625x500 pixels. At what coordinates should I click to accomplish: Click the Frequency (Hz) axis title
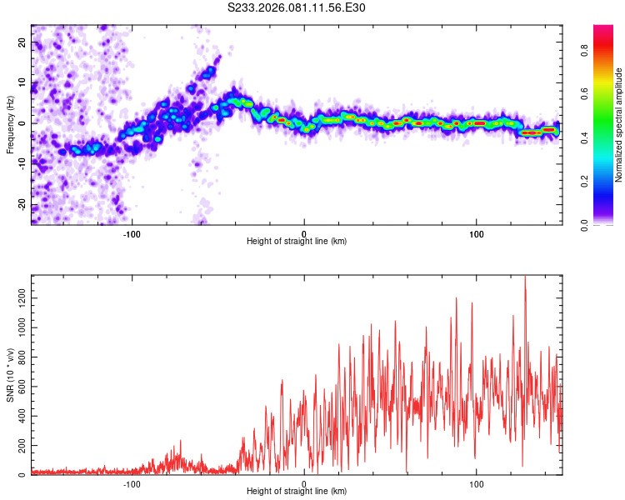coord(10,124)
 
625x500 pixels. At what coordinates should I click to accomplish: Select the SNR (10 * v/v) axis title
coord(10,375)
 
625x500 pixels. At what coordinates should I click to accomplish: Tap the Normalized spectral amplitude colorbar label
coord(619,125)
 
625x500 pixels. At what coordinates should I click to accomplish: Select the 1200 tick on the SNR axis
coord(18,297)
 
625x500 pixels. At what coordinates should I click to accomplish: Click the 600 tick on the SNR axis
coord(20,386)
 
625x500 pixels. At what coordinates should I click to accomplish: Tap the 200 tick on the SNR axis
coord(20,446)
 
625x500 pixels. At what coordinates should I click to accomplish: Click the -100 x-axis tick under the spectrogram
coord(132,233)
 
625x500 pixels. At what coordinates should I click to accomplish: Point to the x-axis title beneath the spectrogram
coord(297,242)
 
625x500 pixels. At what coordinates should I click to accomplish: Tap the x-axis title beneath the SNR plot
coord(297,492)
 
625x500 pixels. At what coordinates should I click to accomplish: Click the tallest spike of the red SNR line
coord(524,277)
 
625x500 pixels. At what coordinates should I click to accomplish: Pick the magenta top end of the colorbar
coord(603,28)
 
